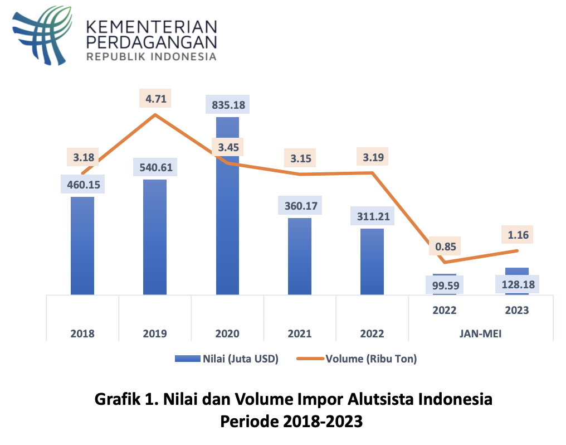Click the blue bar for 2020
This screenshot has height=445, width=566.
[227, 223]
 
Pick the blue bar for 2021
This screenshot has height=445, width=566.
[300, 257]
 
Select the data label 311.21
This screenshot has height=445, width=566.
[372, 216]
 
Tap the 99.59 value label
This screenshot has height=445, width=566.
[445, 287]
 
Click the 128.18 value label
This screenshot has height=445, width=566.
[517, 285]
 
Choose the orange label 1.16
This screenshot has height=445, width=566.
[517, 234]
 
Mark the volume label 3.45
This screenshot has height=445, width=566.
[227, 148]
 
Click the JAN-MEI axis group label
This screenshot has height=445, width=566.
[481, 334]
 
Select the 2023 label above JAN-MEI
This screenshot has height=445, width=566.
[517, 311]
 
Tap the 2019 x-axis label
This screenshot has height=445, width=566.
[155, 334]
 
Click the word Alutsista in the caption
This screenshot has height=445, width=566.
[367, 399]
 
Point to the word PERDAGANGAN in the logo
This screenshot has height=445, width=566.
[152, 41]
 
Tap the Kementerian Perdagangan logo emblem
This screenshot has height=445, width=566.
[43, 35]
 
